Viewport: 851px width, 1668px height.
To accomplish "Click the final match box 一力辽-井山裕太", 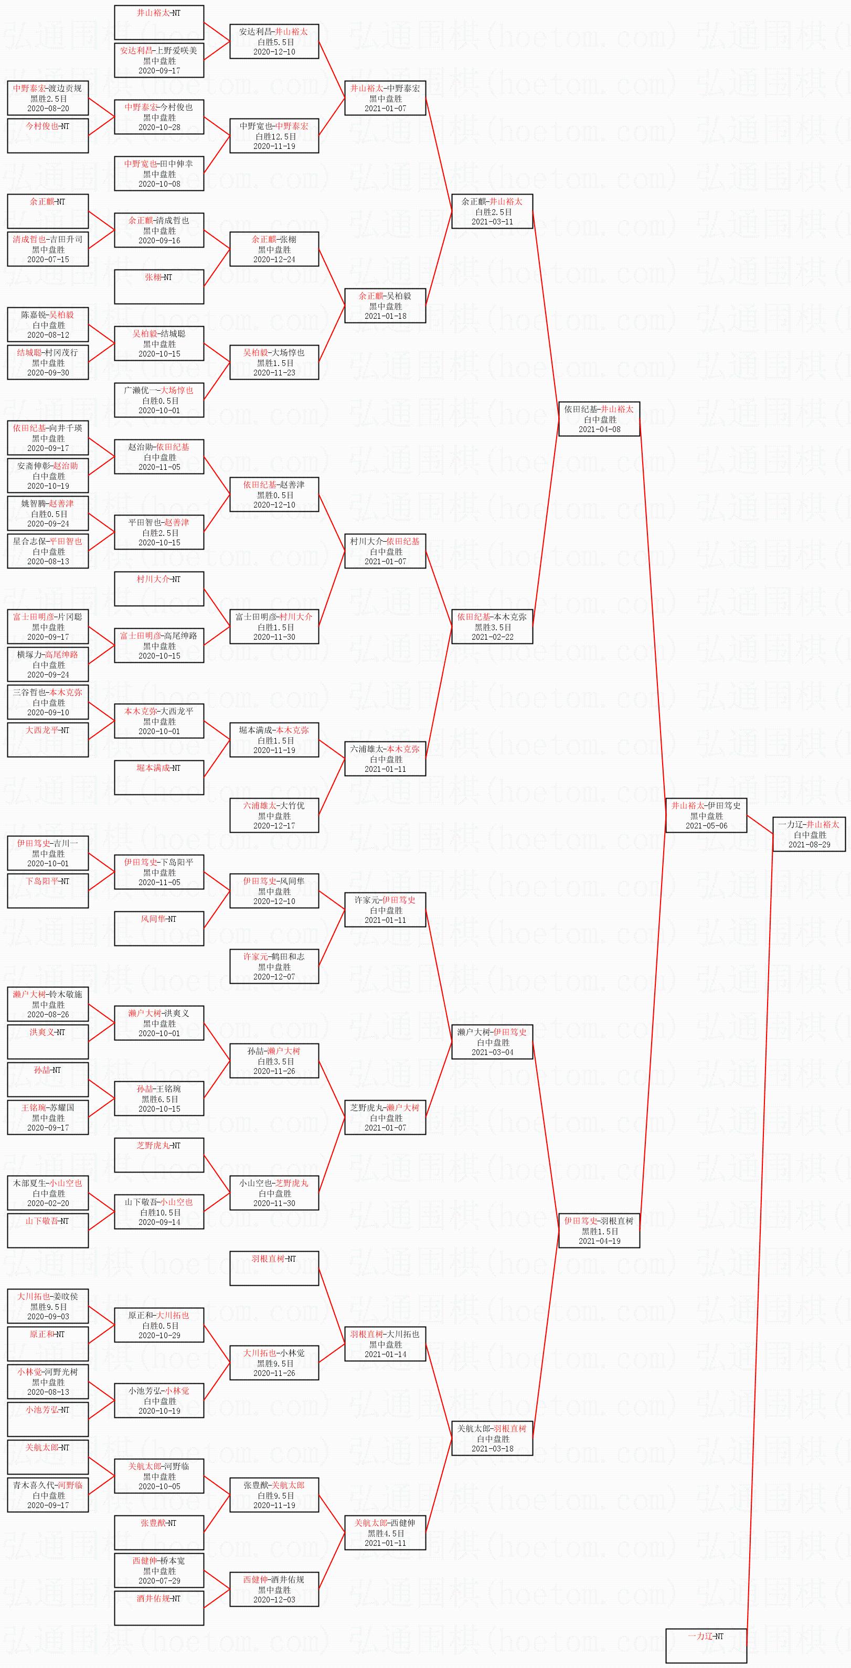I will (x=809, y=834).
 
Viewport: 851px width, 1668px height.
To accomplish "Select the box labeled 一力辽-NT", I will (x=706, y=1645).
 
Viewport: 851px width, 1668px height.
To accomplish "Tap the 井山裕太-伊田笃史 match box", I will (x=706, y=815).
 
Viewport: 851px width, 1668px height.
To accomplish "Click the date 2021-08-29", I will (x=809, y=844).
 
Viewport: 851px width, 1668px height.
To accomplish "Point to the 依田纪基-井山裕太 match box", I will (x=599, y=419).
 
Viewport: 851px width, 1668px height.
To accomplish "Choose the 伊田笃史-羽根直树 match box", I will (x=599, y=1230).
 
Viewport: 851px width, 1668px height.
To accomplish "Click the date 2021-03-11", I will (x=492, y=221).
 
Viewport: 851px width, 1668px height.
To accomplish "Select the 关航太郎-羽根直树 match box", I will (x=492, y=1438).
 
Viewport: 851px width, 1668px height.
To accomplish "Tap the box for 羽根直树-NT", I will (x=274, y=1268).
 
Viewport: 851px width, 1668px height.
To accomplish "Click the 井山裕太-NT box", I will (x=158, y=22).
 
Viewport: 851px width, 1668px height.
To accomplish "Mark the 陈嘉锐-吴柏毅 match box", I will (x=48, y=325).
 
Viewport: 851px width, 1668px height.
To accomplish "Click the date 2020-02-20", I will (x=48, y=1203).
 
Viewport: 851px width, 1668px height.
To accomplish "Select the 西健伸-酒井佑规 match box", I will (x=274, y=1589).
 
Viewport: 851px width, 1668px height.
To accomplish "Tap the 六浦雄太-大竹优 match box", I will (x=274, y=815).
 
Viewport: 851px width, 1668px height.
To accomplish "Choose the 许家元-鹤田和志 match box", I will (x=274, y=966).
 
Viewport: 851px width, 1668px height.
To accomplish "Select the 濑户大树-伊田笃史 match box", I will (x=492, y=1042).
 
